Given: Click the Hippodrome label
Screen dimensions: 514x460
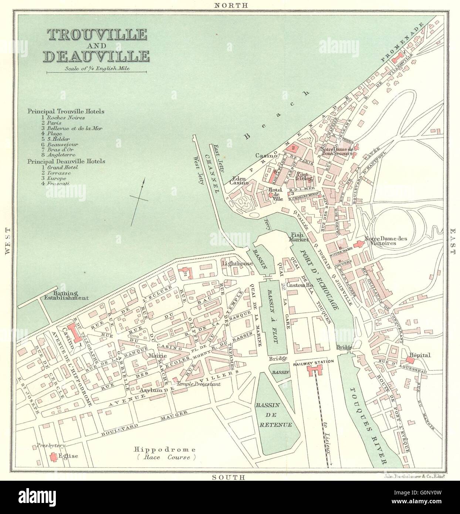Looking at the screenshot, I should (163, 450).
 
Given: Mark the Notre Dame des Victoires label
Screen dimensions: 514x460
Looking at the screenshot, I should (385, 241).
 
